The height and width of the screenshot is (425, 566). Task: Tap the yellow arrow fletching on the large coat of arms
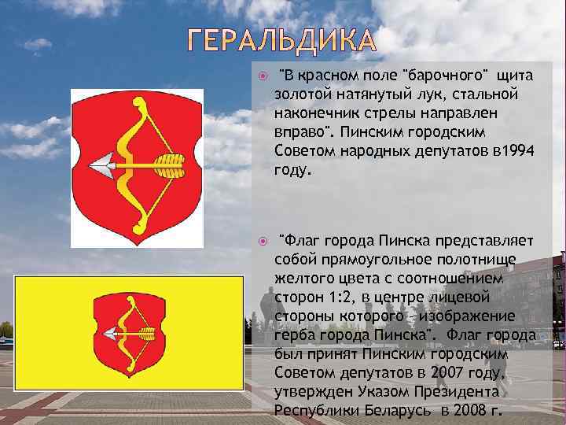(168, 165)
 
